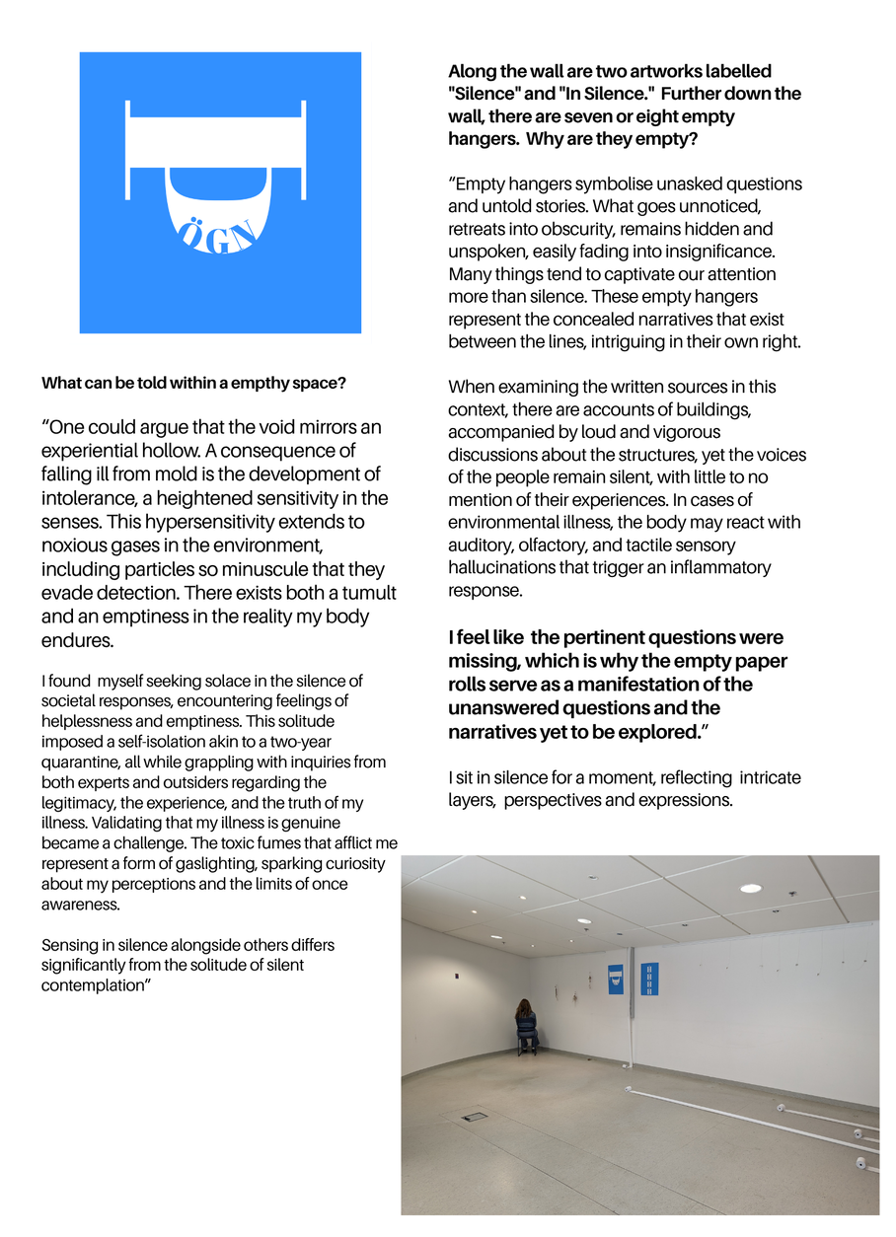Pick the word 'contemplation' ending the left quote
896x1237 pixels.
click(92, 985)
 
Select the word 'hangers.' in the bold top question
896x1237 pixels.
click(485, 139)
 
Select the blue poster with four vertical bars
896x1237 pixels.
click(649, 980)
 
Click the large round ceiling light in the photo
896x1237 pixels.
click(751, 889)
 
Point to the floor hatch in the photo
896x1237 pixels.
click(475, 1117)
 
